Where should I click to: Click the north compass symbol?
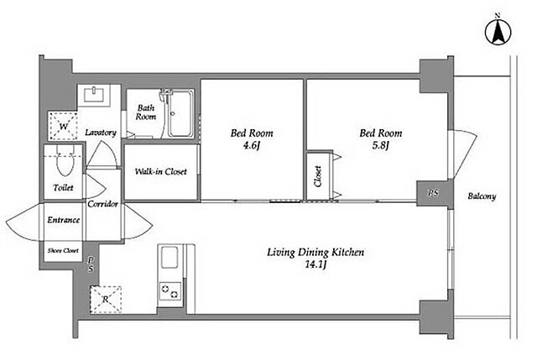(498, 32)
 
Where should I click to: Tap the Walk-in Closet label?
(160, 171)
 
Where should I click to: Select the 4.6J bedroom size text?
(252, 146)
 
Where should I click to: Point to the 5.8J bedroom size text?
(380, 146)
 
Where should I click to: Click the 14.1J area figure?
(315, 264)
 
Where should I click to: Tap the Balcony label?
(482, 196)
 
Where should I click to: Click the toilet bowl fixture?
(65, 160)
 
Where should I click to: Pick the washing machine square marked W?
(64, 126)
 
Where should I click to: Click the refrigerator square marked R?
(106, 299)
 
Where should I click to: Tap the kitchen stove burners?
(169, 291)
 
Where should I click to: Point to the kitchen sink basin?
(169, 258)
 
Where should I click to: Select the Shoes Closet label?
(64, 251)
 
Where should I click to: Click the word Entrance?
(64, 220)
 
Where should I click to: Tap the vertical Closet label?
(318, 176)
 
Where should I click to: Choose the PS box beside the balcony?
(433, 193)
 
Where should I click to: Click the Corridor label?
(102, 204)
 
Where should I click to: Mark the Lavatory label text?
(101, 133)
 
